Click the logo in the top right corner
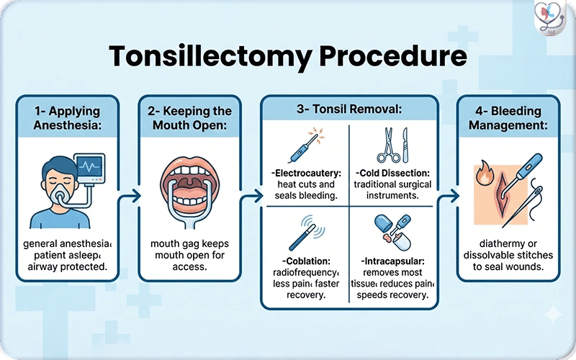tap(552, 19)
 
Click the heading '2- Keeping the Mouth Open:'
tap(188, 118)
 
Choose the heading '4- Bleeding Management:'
tap(508, 118)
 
